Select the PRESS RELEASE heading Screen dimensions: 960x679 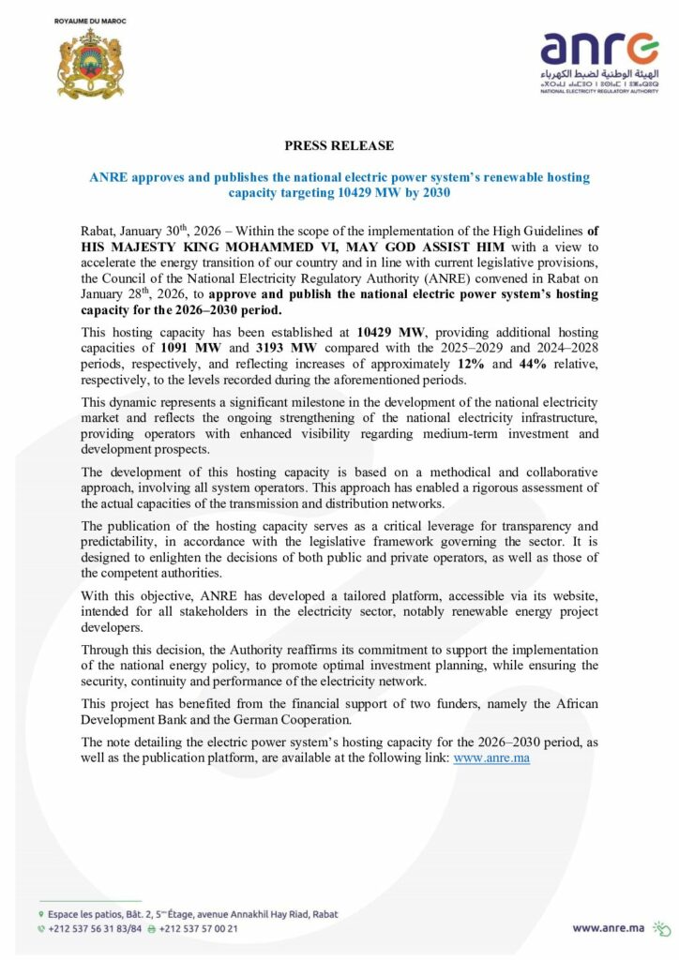pos(339,145)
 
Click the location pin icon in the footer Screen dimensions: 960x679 pos(41,914)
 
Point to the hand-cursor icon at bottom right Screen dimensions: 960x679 pos(662,927)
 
